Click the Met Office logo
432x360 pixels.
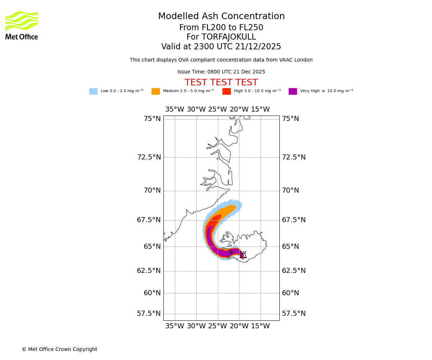(22, 25)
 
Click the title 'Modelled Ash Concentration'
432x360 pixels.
(221, 17)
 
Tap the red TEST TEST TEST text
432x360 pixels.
(221, 82)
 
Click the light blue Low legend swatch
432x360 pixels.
(93, 91)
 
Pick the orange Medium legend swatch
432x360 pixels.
(156, 91)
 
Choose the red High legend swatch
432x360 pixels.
(226, 91)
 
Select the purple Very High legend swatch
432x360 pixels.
(293, 91)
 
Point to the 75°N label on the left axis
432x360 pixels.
(152, 119)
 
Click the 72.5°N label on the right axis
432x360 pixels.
(294, 157)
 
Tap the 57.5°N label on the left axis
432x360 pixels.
(149, 314)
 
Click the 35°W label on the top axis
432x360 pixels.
(175, 109)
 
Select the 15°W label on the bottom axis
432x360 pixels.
(260, 326)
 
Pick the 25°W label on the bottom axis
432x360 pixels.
(217, 326)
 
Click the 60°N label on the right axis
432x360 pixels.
(290, 293)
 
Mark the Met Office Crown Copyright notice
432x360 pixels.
(59, 349)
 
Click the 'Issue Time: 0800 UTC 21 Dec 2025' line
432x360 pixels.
(221, 72)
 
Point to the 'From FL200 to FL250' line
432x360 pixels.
(221, 28)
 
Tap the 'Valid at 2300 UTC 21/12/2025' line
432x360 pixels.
(221, 47)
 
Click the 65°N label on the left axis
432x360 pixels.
(152, 247)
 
